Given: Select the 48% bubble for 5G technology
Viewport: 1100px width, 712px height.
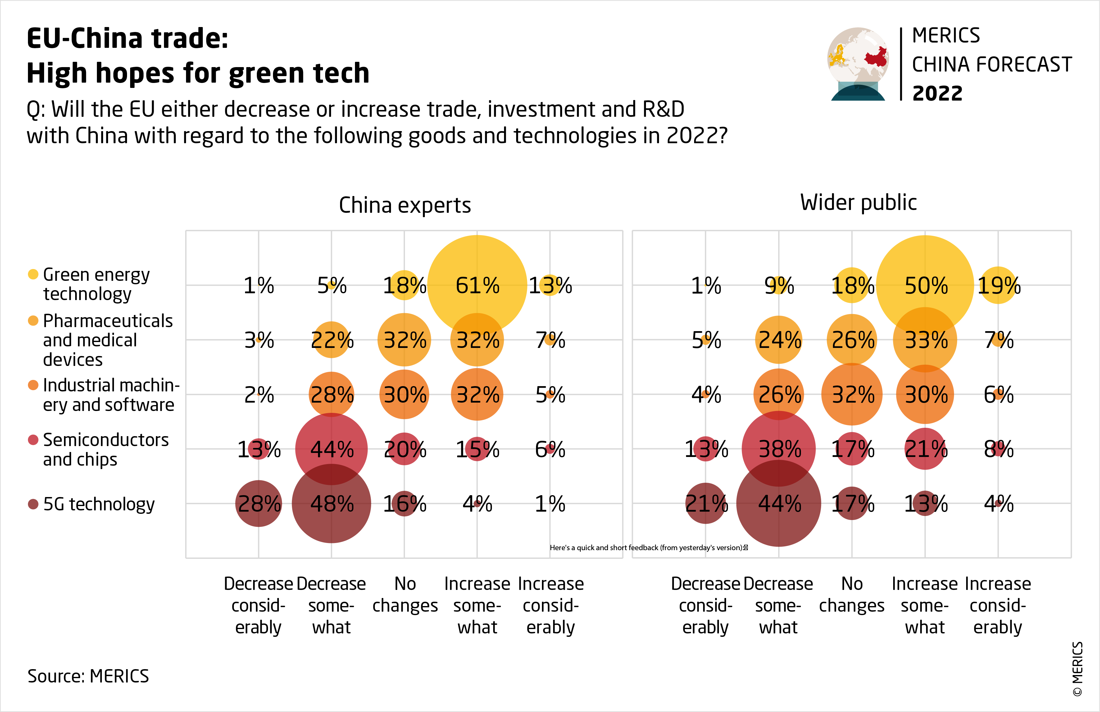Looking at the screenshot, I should [x=331, y=504].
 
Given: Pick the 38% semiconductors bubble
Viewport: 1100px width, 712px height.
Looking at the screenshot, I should [x=779, y=449].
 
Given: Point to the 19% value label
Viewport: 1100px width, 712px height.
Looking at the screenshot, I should [x=998, y=285].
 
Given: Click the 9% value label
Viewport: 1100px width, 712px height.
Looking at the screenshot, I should [x=779, y=285].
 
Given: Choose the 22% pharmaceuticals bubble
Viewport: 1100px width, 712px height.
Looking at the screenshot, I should [x=331, y=340].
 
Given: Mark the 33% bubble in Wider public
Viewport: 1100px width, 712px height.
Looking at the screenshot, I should [x=925, y=340].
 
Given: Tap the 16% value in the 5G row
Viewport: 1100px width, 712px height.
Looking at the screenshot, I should [x=404, y=504].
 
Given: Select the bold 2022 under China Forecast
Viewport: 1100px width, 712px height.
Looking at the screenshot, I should [x=937, y=94].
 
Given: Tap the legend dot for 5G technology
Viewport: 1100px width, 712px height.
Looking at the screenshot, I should [x=33, y=504].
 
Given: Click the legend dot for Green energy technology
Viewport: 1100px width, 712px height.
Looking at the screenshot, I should [x=33, y=274].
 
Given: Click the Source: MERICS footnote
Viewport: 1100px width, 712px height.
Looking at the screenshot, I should [x=88, y=676].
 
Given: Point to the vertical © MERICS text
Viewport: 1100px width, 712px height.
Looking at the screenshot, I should [x=1077, y=668].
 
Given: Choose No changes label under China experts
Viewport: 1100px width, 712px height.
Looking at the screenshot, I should [x=405, y=595].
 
